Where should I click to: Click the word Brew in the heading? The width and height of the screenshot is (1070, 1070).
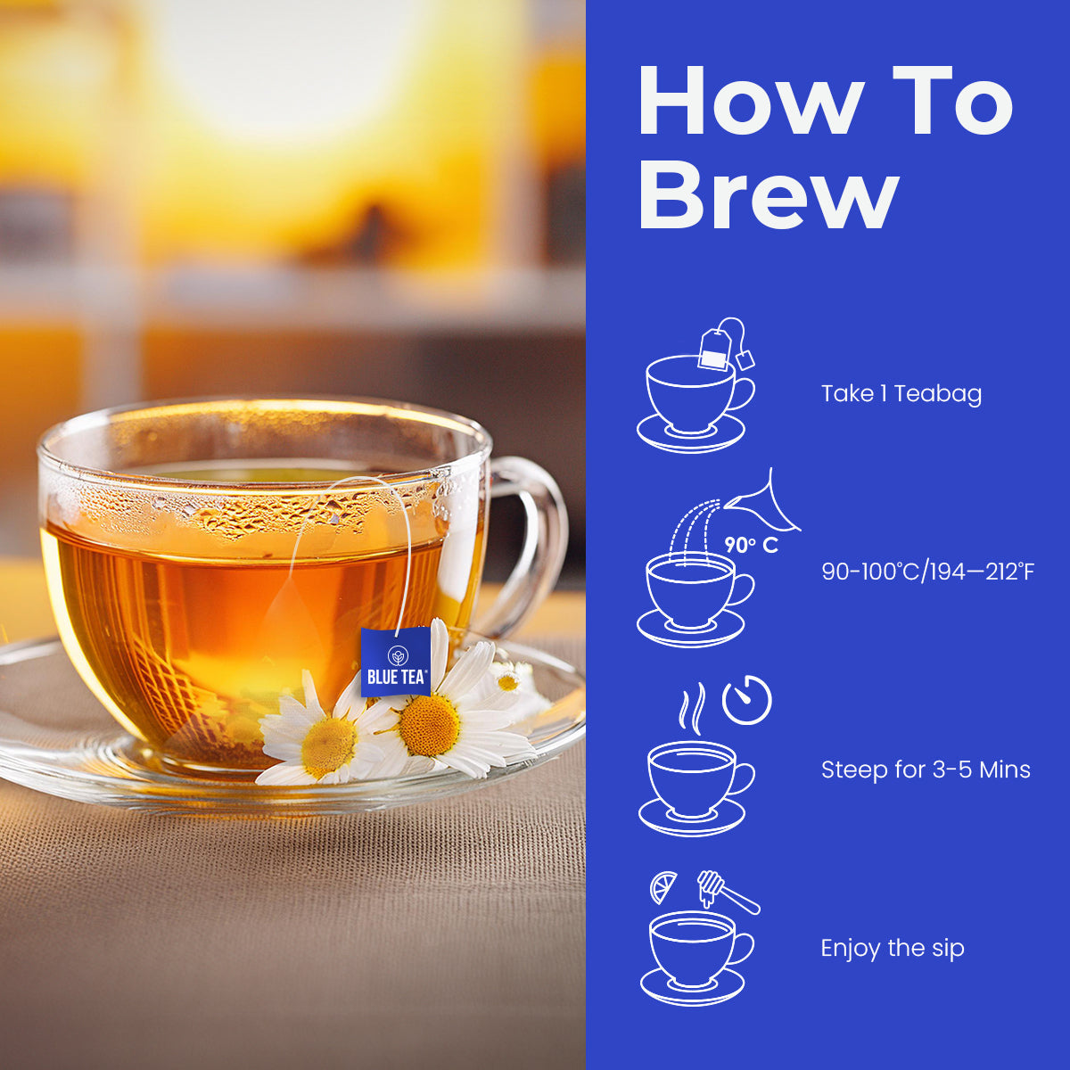point(769,195)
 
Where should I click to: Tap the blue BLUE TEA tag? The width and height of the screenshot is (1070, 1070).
point(395,662)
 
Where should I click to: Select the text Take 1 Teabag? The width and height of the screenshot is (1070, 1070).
point(901,394)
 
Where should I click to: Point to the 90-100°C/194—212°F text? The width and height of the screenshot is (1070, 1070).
point(928,572)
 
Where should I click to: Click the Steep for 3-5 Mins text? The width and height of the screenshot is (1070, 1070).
point(926,770)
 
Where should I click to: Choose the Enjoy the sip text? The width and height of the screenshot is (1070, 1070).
point(893,948)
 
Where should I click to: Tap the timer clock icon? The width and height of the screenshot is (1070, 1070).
point(747,700)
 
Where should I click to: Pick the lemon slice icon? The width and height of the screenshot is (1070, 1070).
point(663,887)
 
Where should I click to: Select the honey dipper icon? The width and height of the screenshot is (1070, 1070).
point(728,891)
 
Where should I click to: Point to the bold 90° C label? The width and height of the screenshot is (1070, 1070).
point(752,546)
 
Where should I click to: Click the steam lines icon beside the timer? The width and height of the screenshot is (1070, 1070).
point(692,705)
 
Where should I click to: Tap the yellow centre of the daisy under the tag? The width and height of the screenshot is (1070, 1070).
point(429,725)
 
